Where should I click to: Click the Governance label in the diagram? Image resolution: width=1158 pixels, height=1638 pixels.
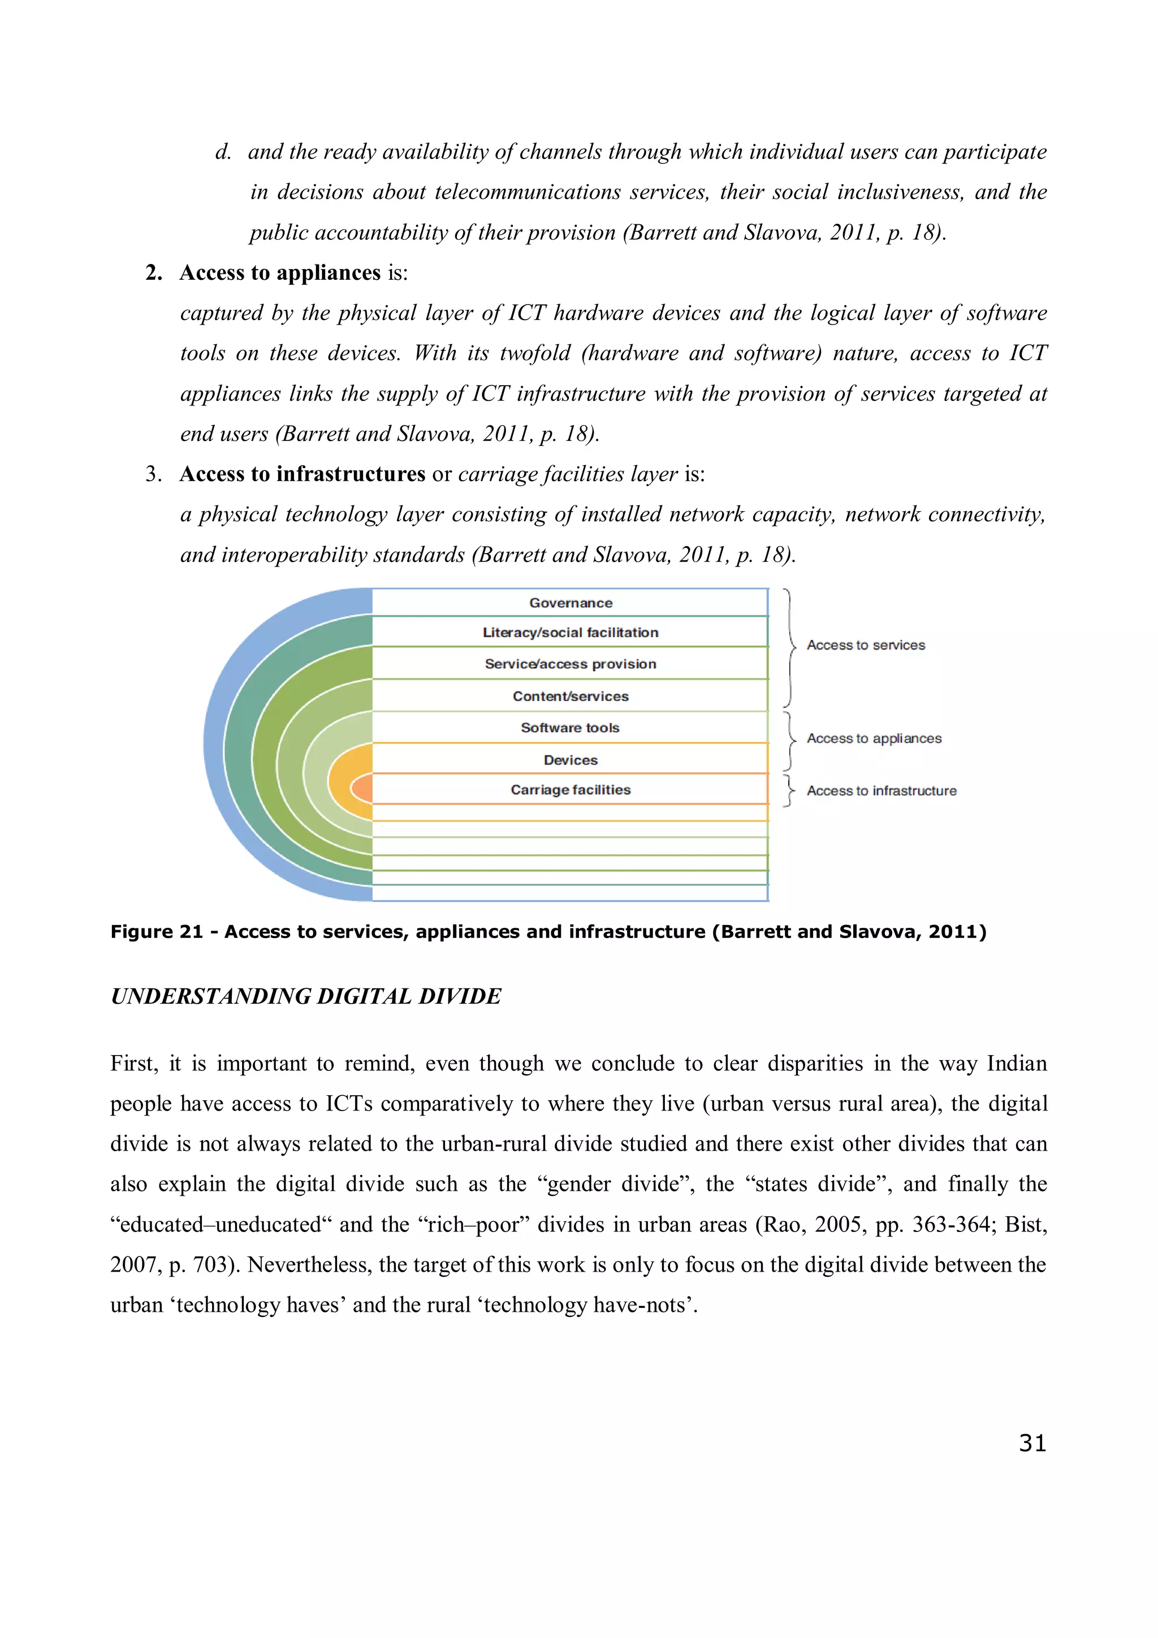[570, 603]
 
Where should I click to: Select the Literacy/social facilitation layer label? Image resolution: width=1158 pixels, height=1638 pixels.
[570, 633]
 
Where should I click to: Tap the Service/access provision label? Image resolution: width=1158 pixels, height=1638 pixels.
[570, 664]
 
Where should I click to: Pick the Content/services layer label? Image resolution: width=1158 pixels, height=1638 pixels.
[570, 696]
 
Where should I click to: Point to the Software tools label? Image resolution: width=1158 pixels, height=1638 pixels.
[570, 728]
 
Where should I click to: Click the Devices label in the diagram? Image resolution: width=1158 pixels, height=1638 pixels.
[570, 760]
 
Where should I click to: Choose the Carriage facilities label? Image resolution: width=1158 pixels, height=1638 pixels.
[570, 790]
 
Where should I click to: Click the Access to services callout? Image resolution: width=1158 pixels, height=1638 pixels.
[866, 645]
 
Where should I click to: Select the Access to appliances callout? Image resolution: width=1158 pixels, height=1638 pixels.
[874, 738]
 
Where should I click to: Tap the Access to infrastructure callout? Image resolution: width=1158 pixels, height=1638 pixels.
[881, 790]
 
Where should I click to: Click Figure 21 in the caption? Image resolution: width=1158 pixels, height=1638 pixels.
[157, 932]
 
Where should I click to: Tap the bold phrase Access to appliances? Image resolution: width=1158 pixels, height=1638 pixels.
[280, 273]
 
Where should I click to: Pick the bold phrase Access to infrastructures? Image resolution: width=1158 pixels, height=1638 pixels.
[302, 474]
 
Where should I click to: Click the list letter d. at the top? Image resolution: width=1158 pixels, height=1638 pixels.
[223, 152]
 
